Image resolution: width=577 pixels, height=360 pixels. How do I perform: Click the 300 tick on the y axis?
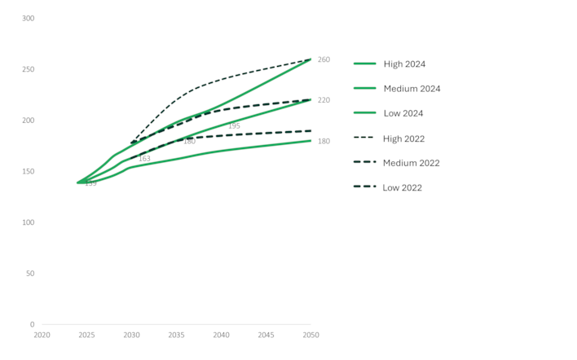(x=27, y=18)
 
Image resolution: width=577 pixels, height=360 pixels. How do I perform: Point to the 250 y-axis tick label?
(x=27, y=69)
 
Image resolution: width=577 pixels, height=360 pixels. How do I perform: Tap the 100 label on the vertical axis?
(x=27, y=222)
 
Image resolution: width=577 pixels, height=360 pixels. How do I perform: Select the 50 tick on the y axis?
(x=29, y=273)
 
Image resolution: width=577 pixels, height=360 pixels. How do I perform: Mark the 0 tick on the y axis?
(x=32, y=324)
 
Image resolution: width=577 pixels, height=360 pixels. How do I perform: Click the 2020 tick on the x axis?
(x=42, y=335)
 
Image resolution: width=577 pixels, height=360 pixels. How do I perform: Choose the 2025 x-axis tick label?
(x=86, y=335)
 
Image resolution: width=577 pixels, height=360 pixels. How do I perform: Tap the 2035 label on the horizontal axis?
(x=176, y=335)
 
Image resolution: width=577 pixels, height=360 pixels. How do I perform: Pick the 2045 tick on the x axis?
(x=266, y=335)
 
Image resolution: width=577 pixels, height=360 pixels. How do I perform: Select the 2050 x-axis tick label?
(x=310, y=335)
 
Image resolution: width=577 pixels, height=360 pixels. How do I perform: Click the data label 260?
(x=324, y=59)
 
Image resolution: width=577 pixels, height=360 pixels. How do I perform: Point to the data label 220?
(x=324, y=100)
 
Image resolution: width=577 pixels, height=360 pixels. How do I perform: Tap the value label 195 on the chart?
(x=234, y=126)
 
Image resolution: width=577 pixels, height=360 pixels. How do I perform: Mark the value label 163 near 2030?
(x=144, y=159)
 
